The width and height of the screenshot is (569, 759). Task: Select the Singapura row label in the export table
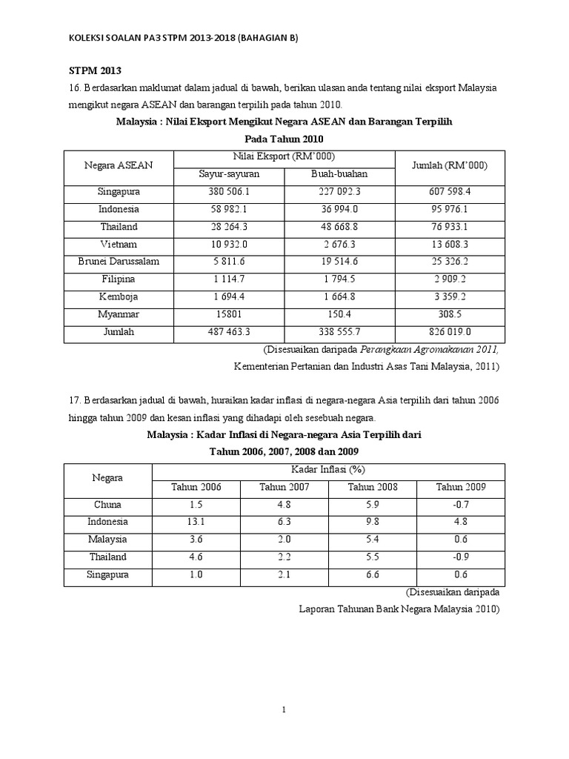pos(119,191)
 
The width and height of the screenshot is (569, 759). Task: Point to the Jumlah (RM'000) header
pos(450,165)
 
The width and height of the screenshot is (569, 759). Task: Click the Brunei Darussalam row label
pos(119,262)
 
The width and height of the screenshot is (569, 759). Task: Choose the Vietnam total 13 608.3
pos(450,245)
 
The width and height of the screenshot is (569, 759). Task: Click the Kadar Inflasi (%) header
pos(328,469)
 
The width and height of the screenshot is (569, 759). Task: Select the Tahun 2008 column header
pos(373,487)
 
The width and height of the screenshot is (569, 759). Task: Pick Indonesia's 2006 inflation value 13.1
pos(196,522)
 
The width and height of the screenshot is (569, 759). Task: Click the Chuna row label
pos(107,504)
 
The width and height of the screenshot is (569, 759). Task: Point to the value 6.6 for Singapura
pos(373,574)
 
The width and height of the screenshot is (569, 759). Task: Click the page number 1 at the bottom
pos(284,710)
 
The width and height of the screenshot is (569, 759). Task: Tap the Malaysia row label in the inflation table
pos(107,540)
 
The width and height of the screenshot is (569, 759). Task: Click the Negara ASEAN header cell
pos(119,165)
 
